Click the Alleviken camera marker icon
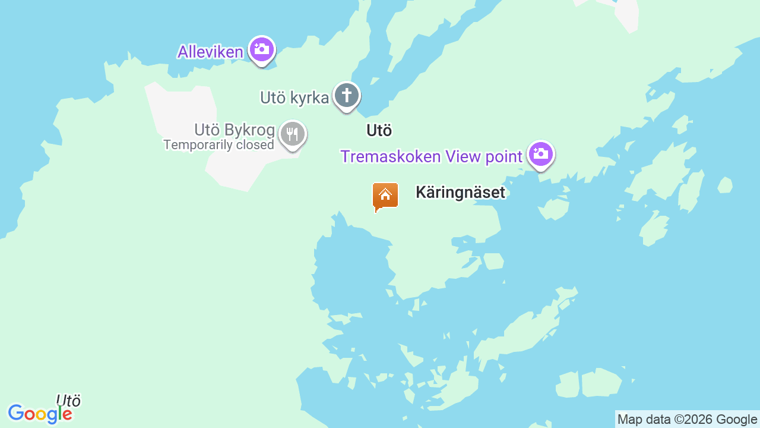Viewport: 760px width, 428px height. (x=261, y=49)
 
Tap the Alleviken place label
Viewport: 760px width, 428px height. (x=210, y=52)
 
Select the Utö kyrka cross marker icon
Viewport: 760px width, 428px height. (x=347, y=96)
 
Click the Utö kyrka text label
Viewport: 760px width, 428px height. (x=294, y=98)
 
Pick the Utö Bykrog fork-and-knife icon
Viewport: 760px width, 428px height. (x=292, y=134)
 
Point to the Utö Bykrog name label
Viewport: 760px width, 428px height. (x=235, y=130)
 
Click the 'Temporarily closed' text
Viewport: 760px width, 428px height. (x=218, y=144)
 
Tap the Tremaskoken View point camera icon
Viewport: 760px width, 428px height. (x=540, y=154)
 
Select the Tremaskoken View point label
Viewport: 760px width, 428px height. (x=431, y=156)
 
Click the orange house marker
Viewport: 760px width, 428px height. (x=385, y=195)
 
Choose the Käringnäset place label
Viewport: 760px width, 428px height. (x=460, y=192)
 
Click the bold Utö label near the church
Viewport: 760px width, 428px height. (x=379, y=130)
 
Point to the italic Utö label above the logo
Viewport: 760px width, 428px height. (x=68, y=400)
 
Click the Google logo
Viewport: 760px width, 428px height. (x=40, y=414)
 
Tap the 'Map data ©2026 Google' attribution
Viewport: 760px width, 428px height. (x=687, y=419)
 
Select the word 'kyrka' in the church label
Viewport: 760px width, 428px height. (x=310, y=98)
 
